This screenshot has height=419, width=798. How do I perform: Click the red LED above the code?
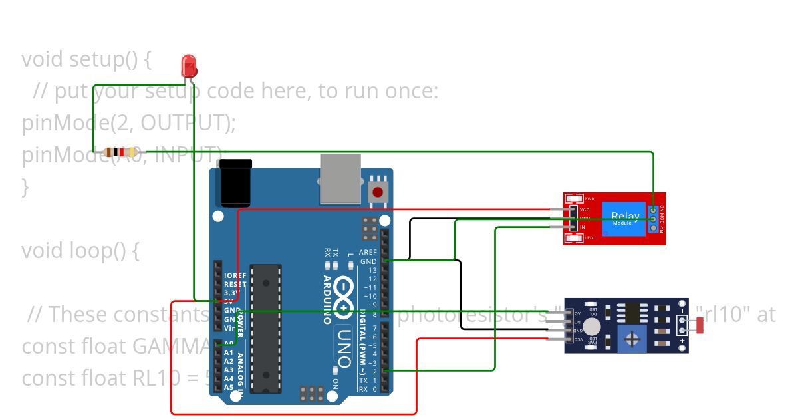click(190, 67)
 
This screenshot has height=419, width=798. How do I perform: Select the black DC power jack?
click(235, 183)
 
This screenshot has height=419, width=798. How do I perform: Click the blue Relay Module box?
click(624, 218)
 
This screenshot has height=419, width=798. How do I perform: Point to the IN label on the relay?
click(583, 227)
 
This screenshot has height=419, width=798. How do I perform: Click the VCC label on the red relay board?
click(585, 209)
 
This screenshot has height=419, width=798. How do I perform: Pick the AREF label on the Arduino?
click(368, 253)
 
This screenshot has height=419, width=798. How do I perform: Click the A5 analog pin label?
click(229, 387)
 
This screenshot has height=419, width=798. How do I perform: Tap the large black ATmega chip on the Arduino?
click(269, 329)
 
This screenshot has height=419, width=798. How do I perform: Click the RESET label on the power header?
click(235, 284)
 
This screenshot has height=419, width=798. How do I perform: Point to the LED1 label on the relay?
click(589, 237)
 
